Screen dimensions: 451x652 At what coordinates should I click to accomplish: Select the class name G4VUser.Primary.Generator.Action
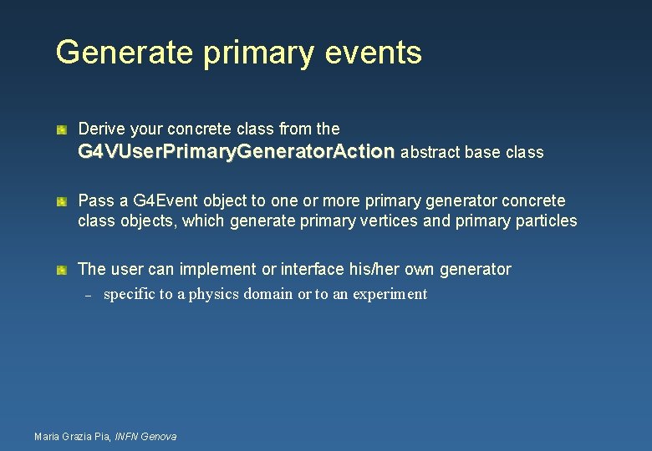pyautogui.click(x=237, y=152)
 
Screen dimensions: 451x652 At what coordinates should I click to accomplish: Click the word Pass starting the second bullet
pyautogui.click(x=94, y=200)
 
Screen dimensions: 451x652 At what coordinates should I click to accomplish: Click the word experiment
pyautogui.click(x=392, y=294)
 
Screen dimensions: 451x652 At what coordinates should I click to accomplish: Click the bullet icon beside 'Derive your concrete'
pyautogui.click(x=62, y=130)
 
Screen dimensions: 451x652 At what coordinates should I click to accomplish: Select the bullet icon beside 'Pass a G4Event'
pyautogui.click(x=62, y=202)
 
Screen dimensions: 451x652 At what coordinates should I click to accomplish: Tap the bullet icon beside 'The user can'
pyautogui.click(x=62, y=271)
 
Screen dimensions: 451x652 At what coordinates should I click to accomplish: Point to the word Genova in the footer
pyautogui.click(x=159, y=436)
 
